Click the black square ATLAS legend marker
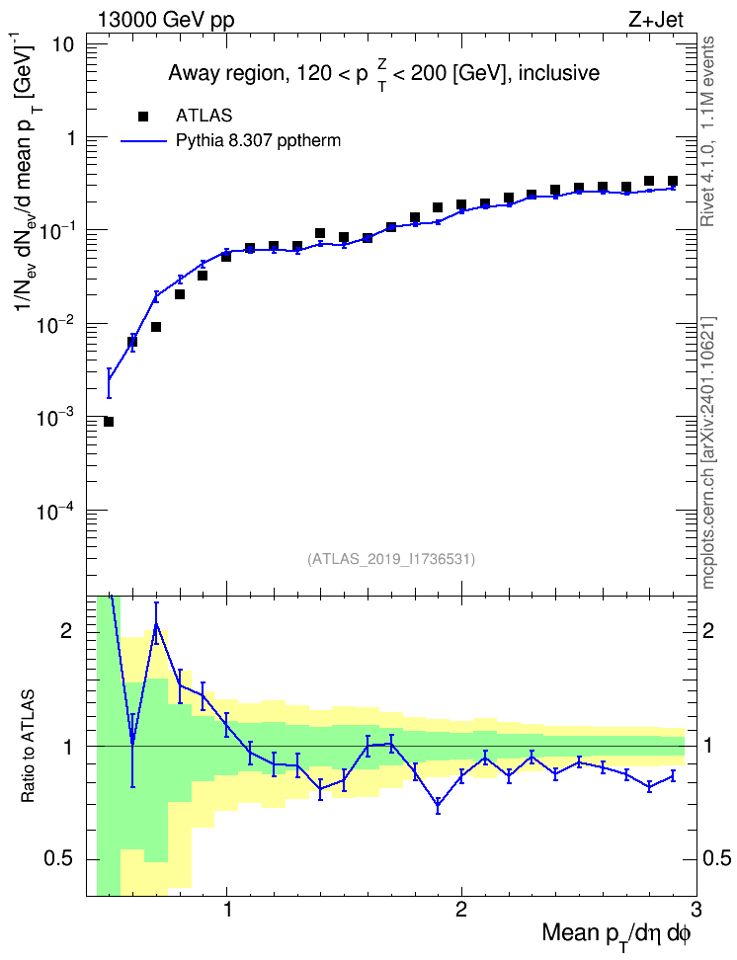click(143, 117)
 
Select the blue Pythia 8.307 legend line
click(144, 141)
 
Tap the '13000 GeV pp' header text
click(166, 20)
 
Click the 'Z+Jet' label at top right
click(656, 20)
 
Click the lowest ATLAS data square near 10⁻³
click(109, 422)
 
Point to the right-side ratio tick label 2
click(708, 631)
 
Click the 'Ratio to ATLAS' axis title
click(29, 746)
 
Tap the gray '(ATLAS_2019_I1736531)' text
click(390, 559)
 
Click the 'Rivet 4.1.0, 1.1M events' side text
click(707, 131)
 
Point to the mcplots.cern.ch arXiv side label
click(708, 452)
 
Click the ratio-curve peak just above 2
click(156, 623)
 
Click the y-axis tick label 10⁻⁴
click(54, 511)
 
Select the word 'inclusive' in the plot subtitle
click(559, 73)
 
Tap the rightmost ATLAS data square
click(673, 181)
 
